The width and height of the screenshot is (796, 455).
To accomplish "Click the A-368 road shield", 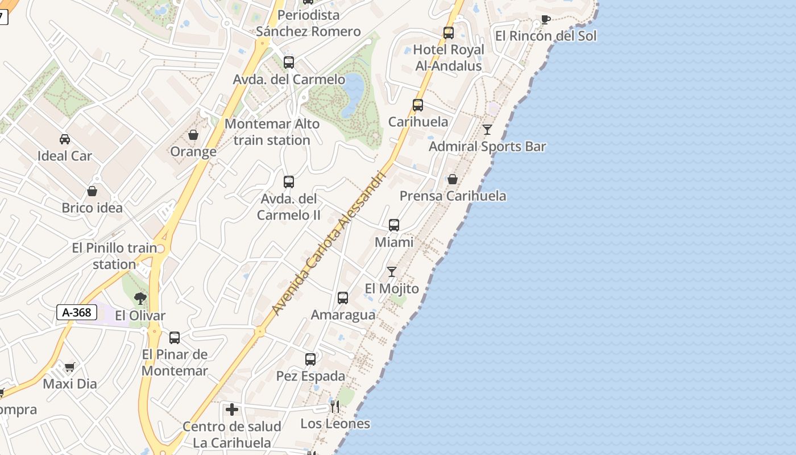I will [x=77, y=312].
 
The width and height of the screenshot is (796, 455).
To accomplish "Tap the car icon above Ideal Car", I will [x=65, y=139].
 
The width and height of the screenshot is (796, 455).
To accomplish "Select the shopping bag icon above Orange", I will [x=193, y=135].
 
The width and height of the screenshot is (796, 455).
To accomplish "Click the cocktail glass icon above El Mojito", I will [x=392, y=272].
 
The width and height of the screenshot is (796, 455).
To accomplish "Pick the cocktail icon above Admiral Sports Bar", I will [x=487, y=130].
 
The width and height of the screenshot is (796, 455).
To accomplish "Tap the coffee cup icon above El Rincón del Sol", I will [x=545, y=20].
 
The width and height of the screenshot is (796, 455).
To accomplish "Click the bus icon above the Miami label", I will [x=394, y=225].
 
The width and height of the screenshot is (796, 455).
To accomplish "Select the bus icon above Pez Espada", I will [x=310, y=359].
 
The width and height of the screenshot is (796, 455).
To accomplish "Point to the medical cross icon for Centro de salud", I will [x=232, y=409].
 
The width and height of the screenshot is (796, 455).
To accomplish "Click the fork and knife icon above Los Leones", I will [x=335, y=407].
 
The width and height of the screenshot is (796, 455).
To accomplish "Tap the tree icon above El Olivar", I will [x=140, y=299].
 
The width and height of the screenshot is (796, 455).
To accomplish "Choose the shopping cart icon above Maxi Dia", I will [x=69, y=367].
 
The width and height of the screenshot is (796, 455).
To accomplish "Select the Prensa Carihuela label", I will [x=453, y=196].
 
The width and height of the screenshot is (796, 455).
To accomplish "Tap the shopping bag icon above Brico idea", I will [x=92, y=191].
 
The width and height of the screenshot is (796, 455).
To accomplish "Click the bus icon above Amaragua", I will [x=343, y=298].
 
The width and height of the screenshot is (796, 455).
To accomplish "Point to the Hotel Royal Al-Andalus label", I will [x=449, y=57].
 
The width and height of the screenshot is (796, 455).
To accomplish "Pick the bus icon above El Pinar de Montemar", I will [x=175, y=338].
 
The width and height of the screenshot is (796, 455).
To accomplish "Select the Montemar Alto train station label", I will [x=272, y=132].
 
